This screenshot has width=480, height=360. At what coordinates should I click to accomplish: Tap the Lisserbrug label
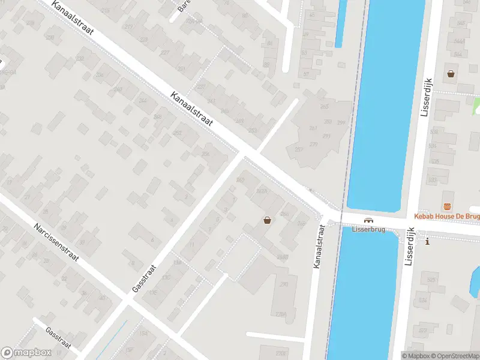pyautogui.click(x=368, y=229)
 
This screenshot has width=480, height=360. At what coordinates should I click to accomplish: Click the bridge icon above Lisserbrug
pyautogui.click(x=368, y=220)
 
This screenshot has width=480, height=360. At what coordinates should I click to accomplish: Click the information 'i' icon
pyautogui.click(x=427, y=242)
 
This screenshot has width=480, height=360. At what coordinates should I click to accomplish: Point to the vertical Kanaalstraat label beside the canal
pyautogui.click(x=319, y=246)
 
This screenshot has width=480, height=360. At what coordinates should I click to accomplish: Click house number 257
pyautogui.click(x=298, y=149)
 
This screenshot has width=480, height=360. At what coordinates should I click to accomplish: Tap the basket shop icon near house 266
pyautogui.click(x=267, y=220)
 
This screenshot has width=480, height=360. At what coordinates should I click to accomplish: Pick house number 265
pyautogui.click(x=325, y=107)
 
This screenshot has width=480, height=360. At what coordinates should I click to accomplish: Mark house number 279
pyautogui.click(x=313, y=144)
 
